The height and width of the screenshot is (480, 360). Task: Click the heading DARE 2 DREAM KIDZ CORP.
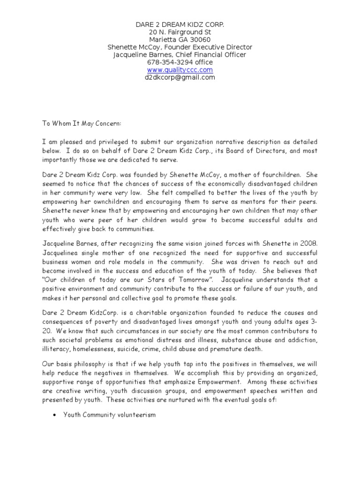click(180, 24)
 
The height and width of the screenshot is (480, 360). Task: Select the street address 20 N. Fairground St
click(180, 32)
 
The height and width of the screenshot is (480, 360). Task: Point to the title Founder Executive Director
click(210, 47)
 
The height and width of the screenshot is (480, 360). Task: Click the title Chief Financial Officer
click(210, 55)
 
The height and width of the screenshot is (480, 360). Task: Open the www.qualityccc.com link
click(180, 70)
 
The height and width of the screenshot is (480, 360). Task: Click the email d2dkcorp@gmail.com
click(180, 77)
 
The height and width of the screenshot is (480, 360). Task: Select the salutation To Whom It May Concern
click(82, 123)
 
